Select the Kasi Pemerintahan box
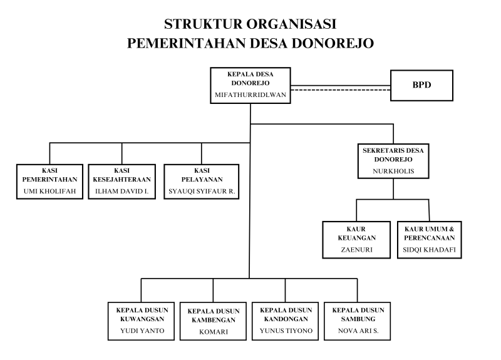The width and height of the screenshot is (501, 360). (x=51, y=181)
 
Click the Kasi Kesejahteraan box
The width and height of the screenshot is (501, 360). (x=121, y=181)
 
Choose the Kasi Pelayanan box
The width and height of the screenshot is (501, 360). (x=202, y=181)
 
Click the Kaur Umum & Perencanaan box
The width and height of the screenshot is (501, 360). (x=430, y=240)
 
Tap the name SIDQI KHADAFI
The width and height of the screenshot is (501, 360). (x=430, y=249)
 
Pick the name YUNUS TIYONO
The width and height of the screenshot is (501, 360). (x=286, y=331)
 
